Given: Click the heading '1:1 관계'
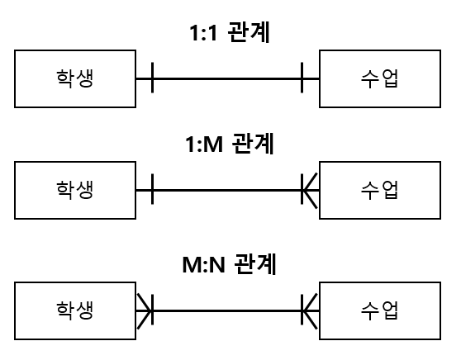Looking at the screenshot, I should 230,34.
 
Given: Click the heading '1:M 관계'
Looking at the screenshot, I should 230,144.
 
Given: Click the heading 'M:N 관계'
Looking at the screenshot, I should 229,265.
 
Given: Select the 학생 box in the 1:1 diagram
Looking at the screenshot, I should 75,79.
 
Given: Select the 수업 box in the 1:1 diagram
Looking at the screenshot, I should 380,79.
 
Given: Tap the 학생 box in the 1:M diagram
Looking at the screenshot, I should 75,191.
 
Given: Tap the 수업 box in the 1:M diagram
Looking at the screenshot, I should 380,191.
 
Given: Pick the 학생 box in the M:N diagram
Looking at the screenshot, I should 75,311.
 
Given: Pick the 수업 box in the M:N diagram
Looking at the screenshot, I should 380,311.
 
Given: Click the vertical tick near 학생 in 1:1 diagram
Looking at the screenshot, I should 153,79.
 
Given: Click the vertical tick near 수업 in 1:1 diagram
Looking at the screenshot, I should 302,79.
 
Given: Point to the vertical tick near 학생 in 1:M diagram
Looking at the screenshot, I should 153,191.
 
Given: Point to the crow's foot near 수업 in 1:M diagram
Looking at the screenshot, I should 310,191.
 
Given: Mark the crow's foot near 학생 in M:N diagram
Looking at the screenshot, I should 145,311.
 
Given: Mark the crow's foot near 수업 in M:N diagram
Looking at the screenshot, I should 310,311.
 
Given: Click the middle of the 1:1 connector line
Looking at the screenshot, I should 228,79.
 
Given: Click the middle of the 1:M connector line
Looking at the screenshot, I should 228,191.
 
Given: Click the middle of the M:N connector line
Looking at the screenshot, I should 228,311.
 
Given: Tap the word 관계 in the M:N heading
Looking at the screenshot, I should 254,265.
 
